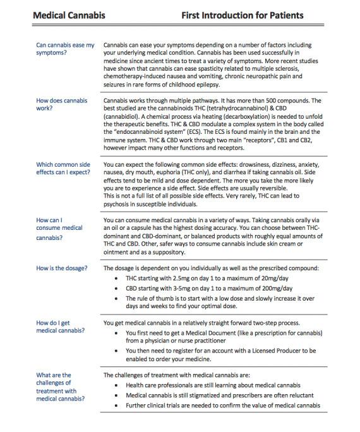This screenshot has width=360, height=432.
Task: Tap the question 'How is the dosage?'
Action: (x=62, y=268)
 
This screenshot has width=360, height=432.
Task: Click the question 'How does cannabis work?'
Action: (x=61, y=105)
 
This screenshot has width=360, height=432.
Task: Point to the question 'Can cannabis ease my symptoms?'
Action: (x=65, y=49)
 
